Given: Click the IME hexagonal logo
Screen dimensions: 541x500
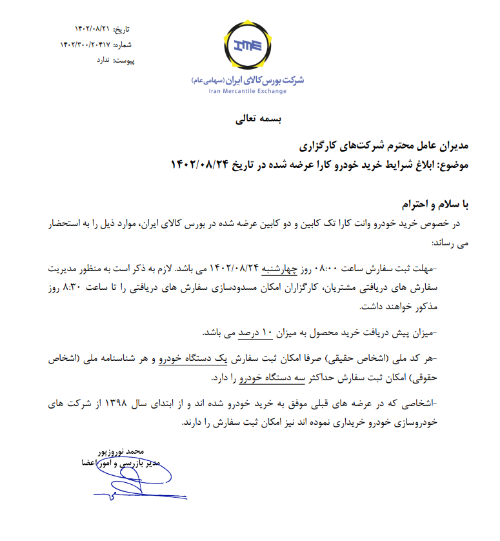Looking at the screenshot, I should click(248, 46).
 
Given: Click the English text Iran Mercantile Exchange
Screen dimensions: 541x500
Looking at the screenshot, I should click(248, 91).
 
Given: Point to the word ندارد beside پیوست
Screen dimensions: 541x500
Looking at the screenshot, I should click(103, 59).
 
